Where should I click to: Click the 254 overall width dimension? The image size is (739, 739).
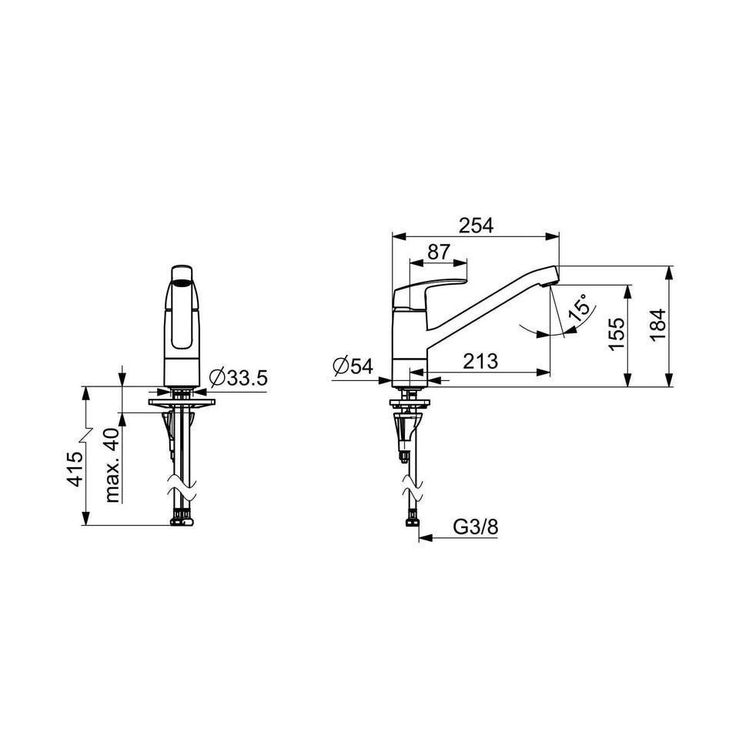click(x=477, y=226)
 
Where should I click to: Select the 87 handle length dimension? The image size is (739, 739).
click(x=439, y=252)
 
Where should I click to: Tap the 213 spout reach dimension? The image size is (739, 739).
click(x=480, y=362)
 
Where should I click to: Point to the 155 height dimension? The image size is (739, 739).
click(x=616, y=334)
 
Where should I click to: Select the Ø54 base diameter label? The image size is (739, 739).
click(x=353, y=366)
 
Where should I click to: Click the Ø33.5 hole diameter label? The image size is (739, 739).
click(x=239, y=377)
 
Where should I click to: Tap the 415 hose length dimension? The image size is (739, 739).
click(x=75, y=469)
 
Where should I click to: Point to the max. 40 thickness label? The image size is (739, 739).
click(x=112, y=465)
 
